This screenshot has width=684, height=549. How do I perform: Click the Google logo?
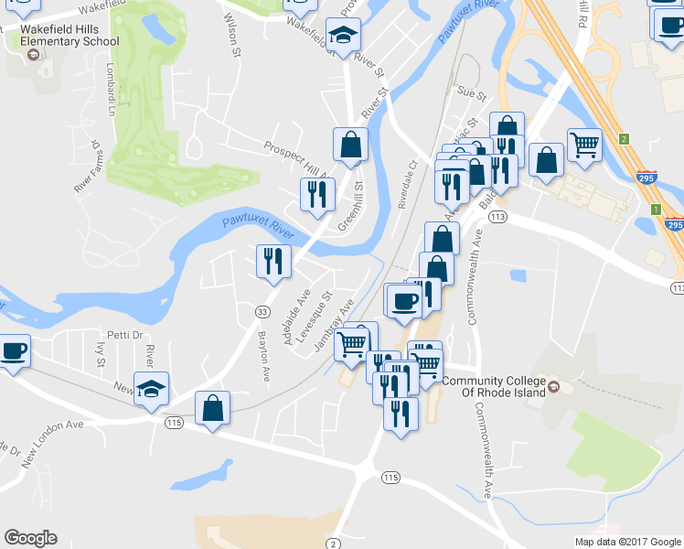click(30, 538)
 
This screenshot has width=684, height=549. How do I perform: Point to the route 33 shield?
click(262, 312)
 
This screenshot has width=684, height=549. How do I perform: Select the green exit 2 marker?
click(624, 139)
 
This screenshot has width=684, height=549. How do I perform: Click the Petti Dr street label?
click(125, 335)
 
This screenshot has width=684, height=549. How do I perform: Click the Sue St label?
click(472, 93)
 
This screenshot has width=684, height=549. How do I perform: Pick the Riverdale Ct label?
click(407, 185)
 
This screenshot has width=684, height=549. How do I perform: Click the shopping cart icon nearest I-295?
click(584, 143)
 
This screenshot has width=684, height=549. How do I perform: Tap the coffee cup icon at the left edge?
click(14, 350)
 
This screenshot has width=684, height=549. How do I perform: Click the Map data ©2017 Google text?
click(626, 542)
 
